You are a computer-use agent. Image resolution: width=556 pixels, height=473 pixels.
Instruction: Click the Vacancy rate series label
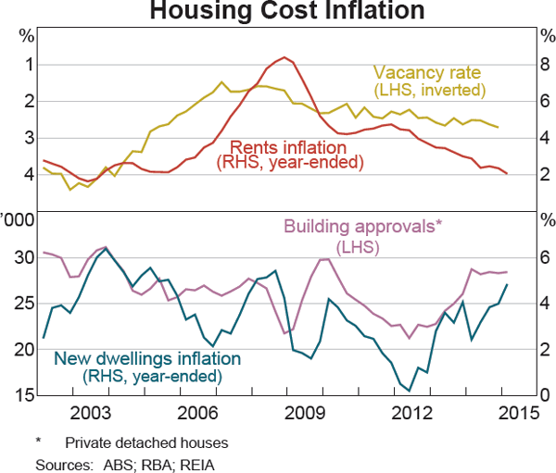coord(428,72)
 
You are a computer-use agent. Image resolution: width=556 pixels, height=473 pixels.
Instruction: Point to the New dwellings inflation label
coord(149,359)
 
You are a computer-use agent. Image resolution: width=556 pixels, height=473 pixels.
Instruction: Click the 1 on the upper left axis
coord(29,66)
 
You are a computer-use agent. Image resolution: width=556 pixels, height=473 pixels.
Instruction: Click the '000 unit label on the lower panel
coord(17,220)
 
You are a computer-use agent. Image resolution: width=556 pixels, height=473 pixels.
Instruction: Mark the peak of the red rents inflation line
coord(284,57)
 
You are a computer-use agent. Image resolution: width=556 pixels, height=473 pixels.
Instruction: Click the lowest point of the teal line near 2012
coord(408,391)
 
